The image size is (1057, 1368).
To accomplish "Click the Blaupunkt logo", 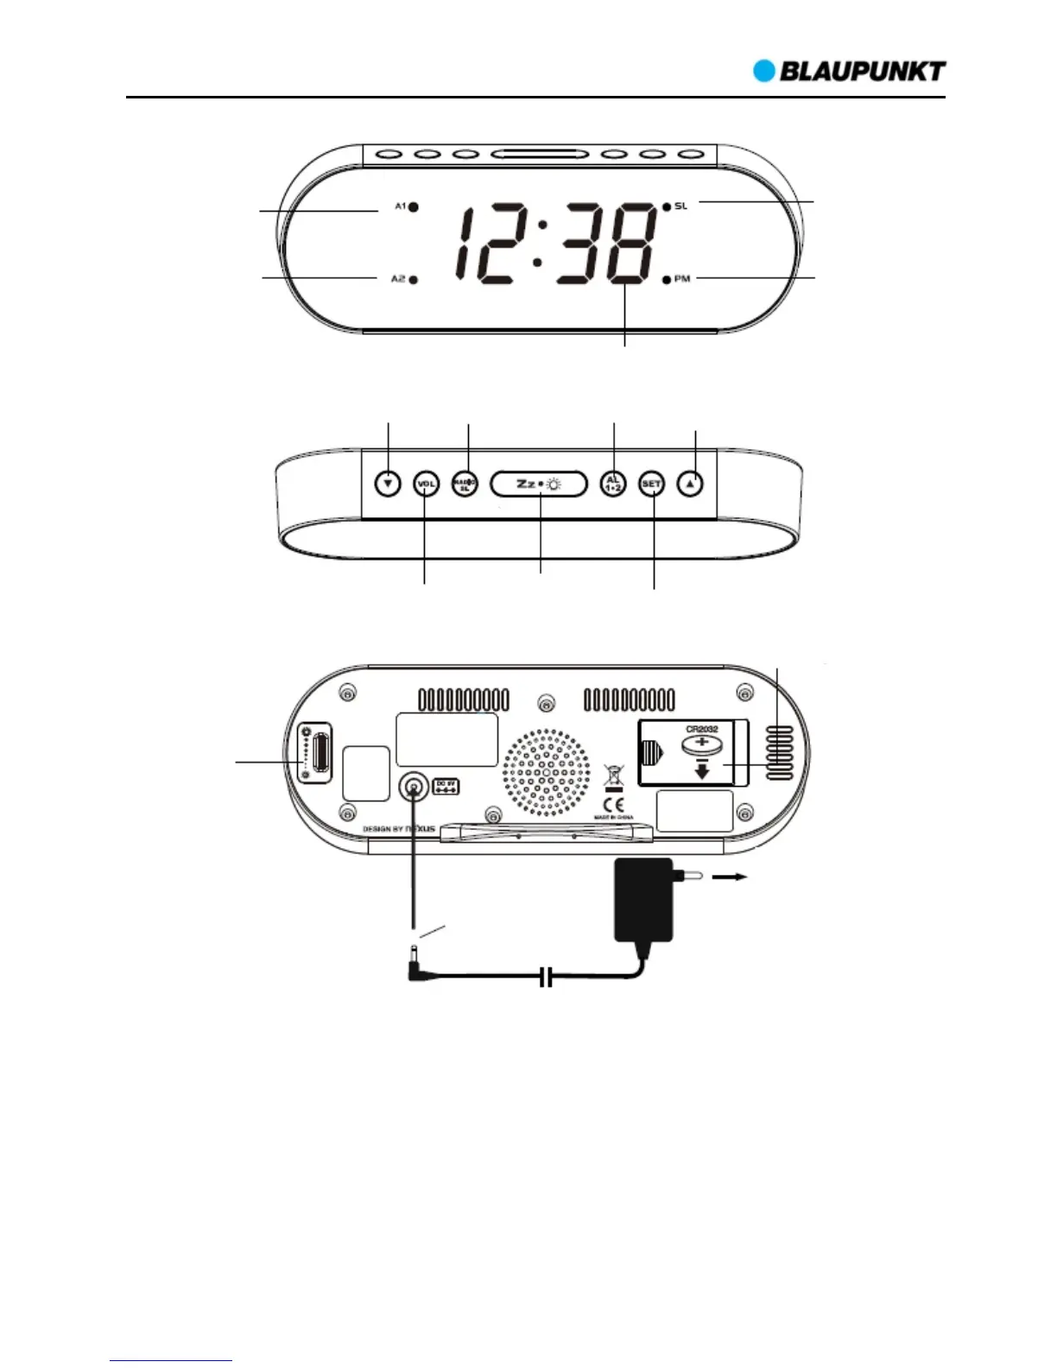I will pyautogui.click(x=850, y=71).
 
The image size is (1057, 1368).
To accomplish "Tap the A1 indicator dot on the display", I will pyautogui.click(x=415, y=206).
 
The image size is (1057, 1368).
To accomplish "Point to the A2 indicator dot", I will pyautogui.click(x=415, y=279).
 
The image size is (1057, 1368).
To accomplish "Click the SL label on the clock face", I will pyautogui.click(x=681, y=206).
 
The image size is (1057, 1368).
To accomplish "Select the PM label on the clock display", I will pyautogui.click(x=682, y=279).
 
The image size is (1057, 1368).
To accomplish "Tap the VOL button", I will pyautogui.click(x=427, y=484).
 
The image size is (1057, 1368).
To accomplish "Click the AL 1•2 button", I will pyautogui.click(x=613, y=484).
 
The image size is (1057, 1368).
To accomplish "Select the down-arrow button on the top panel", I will pyautogui.click(x=389, y=484).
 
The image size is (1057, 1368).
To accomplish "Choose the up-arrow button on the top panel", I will pyautogui.click(x=690, y=484).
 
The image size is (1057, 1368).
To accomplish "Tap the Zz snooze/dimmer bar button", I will pyautogui.click(x=539, y=484).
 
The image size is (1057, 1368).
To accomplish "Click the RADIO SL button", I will pyautogui.click(x=465, y=484).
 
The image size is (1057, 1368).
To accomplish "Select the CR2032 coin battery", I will pyautogui.click(x=702, y=748).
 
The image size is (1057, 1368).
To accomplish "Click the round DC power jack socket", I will pyautogui.click(x=415, y=787).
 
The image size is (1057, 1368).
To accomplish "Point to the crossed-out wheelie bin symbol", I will pyautogui.click(x=613, y=774).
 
